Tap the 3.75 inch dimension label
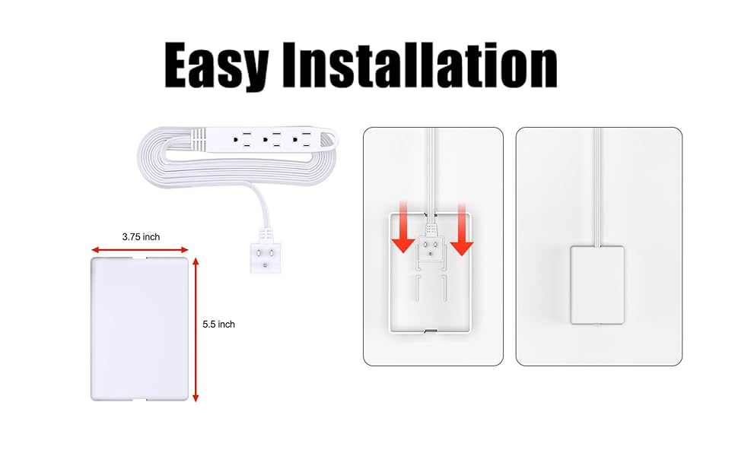tap(141, 237)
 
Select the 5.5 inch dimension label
tap(218, 325)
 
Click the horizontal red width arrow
tap(140, 249)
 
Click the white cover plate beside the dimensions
tap(139, 328)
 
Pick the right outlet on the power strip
tap(305, 141)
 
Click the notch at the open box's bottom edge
tap(431, 331)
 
